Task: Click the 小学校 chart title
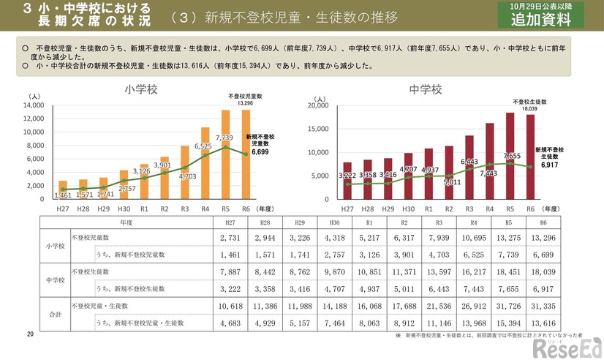(x=141, y=90)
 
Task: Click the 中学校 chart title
(x=425, y=90)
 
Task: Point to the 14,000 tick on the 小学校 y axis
(x=34, y=105)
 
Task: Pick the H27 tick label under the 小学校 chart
(x=64, y=209)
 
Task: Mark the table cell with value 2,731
(x=230, y=238)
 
